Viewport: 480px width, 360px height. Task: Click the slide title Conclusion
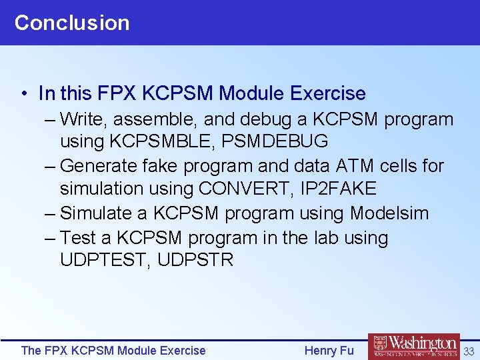[72, 23]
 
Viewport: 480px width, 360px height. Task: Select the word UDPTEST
[105, 260]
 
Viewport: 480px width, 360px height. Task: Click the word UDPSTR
[195, 260]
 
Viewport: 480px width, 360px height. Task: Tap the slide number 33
[469, 351]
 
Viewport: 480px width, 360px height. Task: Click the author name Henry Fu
[329, 351]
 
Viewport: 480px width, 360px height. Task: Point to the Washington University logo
[413, 347]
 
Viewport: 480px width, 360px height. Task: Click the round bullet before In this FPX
[23, 94]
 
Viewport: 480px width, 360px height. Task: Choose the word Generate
[97, 165]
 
